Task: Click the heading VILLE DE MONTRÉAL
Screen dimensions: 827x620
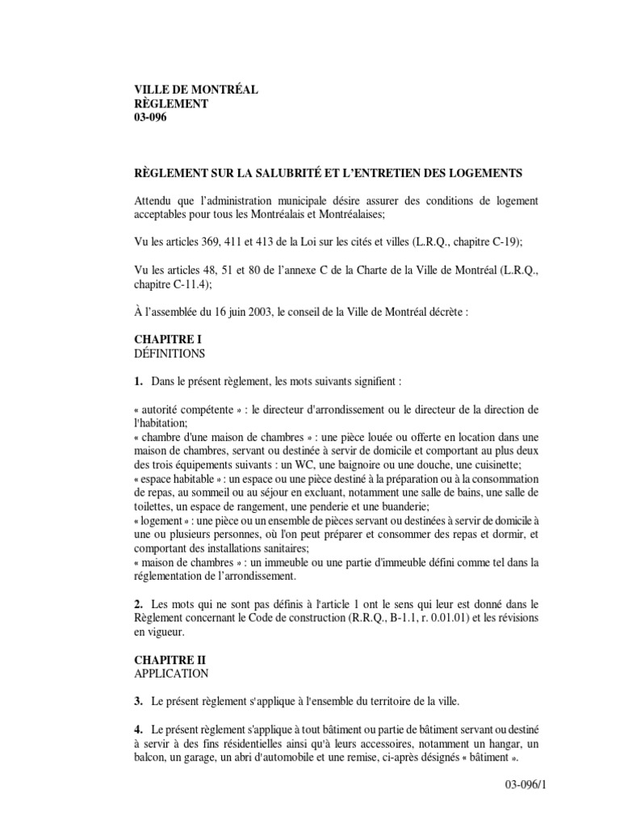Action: pos(195,90)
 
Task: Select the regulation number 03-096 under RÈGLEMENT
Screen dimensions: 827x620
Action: pos(150,118)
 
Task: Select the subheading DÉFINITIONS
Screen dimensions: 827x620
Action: pos(170,354)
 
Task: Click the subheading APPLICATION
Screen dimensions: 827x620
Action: pos(171,673)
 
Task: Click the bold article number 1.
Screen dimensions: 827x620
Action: pos(139,381)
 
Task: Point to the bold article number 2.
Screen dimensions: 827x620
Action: pos(139,604)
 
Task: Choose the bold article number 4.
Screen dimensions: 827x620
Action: pos(139,728)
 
